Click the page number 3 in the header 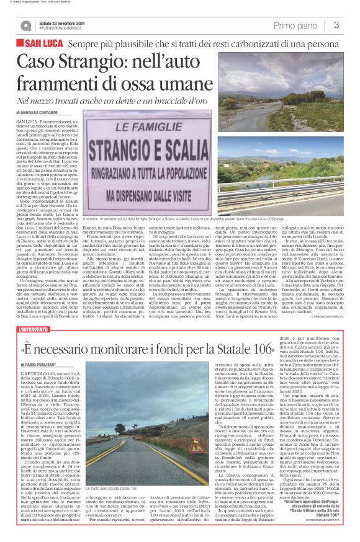(336, 25)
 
